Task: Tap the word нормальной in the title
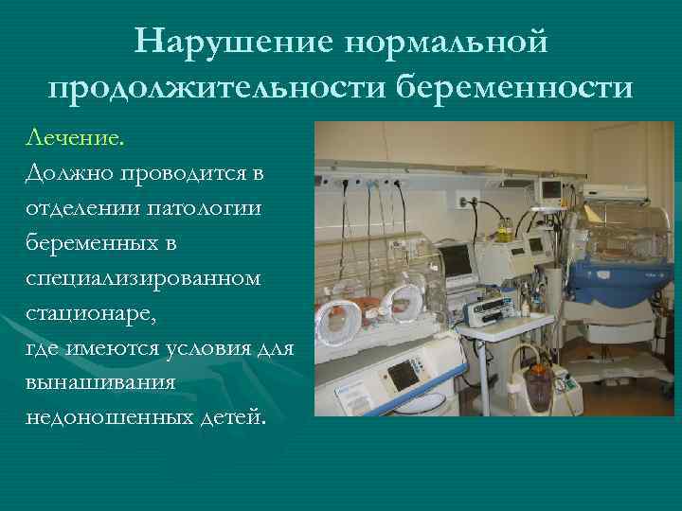pos(448,41)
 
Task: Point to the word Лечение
pos(76,140)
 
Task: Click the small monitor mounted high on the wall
pos(550,189)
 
